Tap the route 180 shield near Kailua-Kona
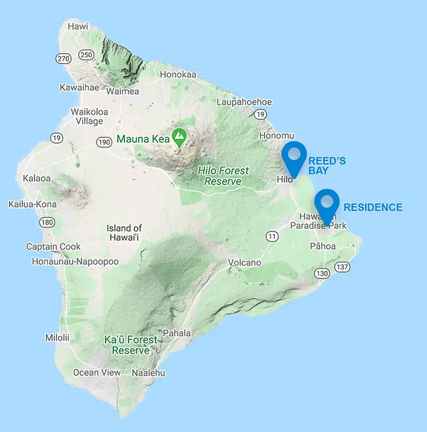[48, 222]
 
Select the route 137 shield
[342, 266]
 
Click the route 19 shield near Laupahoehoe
[260, 114]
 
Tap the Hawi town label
[78, 25]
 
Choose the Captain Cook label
[53, 246]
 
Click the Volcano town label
[244, 263]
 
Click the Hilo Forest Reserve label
[223, 176]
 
